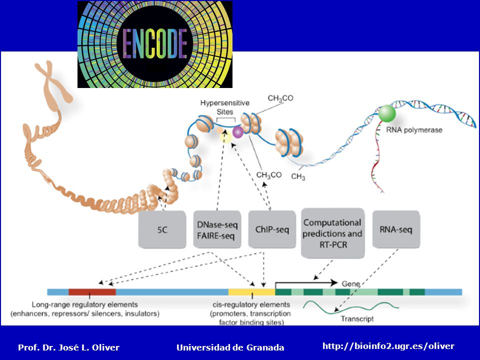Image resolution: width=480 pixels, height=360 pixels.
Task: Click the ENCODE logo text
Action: click(x=155, y=44)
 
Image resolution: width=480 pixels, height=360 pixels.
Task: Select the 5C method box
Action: click(x=162, y=229)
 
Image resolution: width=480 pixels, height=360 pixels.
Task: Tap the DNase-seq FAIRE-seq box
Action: click(x=217, y=229)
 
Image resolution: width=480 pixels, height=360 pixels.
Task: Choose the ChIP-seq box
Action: click(x=272, y=229)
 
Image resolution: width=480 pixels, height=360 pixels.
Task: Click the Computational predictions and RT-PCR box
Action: click(x=333, y=233)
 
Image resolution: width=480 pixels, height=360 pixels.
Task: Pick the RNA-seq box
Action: click(x=396, y=229)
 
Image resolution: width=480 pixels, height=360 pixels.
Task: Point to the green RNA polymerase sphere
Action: click(x=387, y=113)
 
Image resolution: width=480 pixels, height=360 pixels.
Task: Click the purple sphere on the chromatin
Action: click(x=237, y=132)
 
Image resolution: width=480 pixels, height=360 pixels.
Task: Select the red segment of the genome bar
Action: click(x=92, y=292)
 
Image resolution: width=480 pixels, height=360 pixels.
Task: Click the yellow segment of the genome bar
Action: click(x=251, y=292)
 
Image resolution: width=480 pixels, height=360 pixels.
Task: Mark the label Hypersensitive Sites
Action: click(x=225, y=107)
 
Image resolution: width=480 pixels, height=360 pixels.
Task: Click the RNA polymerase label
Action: click(x=414, y=130)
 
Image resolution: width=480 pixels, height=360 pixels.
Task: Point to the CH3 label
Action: click(x=298, y=176)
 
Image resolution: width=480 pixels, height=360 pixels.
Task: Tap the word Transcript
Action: click(x=357, y=319)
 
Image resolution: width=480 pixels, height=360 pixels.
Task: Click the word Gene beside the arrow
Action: click(x=351, y=284)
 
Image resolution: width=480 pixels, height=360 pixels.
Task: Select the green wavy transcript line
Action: click(x=351, y=306)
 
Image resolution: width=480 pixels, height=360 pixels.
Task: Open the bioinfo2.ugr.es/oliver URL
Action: click(x=388, y=346)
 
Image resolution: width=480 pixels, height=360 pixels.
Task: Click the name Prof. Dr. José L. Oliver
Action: click(x=69, y=347)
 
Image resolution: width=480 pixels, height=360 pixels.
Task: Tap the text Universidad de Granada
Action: click(x=230, y=347)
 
